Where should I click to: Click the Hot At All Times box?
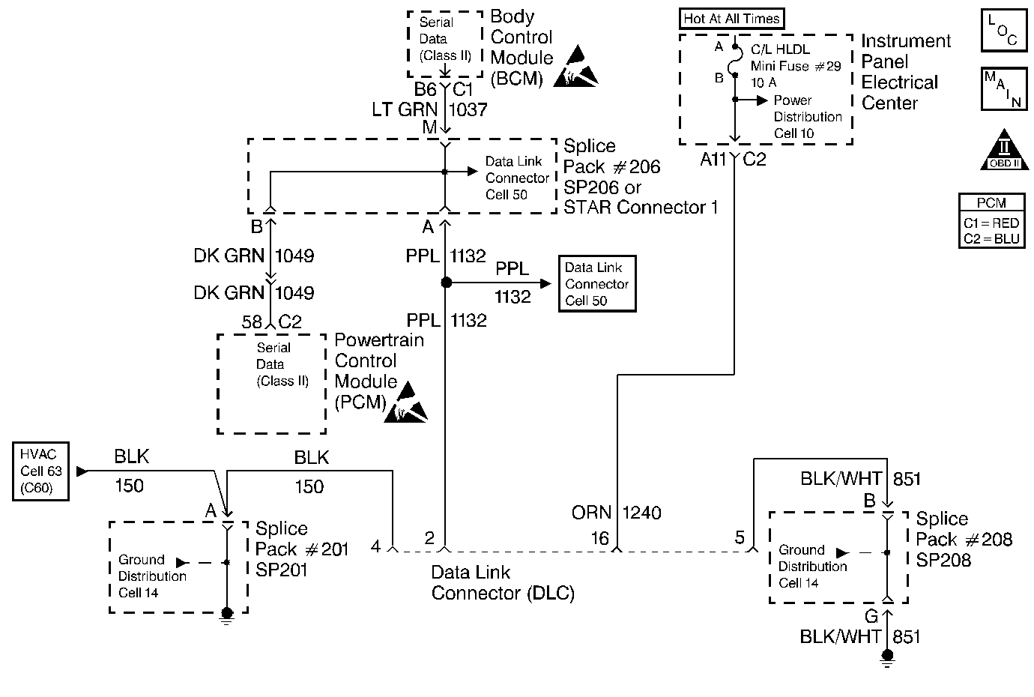click(x=731, y=19)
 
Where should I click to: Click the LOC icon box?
click(x=1003, y=31)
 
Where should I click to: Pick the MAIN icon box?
click(x=1003, y=89)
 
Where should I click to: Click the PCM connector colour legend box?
click(x=991, y=220)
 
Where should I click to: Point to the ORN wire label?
click(x=592, y=513)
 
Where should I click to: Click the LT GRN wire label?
click(x=405, y=109)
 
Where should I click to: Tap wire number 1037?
click(x=468, y=109)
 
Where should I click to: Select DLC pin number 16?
click(x=599, y=538)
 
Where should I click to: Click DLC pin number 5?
click(x=740, y=537)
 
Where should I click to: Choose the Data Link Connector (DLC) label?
click(x=503, y=583)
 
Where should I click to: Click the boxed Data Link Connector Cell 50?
click(x=597, y=284)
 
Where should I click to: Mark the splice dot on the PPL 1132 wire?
click(x=446, y=283)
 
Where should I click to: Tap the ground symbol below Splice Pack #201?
click(x=226, y=615)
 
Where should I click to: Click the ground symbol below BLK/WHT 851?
click(x=887, y=658)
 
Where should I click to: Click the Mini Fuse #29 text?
click(x=796, y=66)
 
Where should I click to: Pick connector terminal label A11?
click(x=713, y=159)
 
